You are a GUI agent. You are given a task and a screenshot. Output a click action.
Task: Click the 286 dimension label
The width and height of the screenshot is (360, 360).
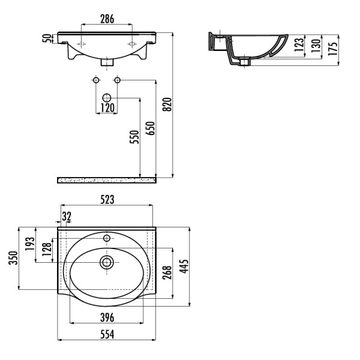click(x=107, y=19)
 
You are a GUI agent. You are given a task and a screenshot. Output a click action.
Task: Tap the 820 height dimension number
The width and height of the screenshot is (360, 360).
click(x=167, y=104)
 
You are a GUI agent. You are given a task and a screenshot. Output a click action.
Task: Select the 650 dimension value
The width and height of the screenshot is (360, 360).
click(x=151, y=128)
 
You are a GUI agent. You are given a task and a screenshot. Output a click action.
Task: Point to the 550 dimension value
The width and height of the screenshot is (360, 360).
click(x=134, y=137)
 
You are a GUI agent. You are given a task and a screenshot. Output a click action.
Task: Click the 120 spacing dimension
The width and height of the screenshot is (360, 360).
click(x=107, y=107)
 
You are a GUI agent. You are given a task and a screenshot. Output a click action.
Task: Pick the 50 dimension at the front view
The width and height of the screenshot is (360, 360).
click(x=47, y=38)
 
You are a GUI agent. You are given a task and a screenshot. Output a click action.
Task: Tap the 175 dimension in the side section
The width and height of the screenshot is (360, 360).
click(x=333, y=49)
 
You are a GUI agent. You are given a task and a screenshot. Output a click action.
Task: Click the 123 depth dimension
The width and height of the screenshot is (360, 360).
click(x=299, y=45)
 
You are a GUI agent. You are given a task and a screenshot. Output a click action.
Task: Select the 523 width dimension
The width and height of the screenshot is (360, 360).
click(x=107, y=200)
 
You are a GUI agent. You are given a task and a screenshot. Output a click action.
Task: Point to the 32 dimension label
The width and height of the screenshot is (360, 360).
click(x=67, y=216)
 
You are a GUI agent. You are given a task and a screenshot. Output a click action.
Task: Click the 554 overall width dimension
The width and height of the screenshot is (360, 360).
click(x=107, y=335)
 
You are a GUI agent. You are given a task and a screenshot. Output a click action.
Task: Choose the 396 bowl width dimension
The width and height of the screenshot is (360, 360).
click(x=107, y=318)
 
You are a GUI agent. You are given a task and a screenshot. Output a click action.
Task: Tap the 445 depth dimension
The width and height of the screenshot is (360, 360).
click(x=184, y=266)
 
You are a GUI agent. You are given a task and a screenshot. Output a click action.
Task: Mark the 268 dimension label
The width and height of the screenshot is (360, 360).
click(x=167, y=272)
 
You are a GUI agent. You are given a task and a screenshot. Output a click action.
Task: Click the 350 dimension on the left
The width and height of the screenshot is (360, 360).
click(x=13, y=258)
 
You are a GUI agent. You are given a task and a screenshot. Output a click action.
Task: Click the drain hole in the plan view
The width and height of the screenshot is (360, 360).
click(x=107, y=262)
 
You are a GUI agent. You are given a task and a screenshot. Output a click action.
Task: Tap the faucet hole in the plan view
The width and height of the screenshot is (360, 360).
click(x=107, y=238)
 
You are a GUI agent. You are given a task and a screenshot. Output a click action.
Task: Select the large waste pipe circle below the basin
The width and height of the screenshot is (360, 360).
click(x=107, y=98)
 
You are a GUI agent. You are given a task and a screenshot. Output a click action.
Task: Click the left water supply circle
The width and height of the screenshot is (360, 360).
click(x=96, y=80)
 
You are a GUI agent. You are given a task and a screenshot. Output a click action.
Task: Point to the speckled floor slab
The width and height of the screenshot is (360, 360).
click(x=107, y=180)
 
